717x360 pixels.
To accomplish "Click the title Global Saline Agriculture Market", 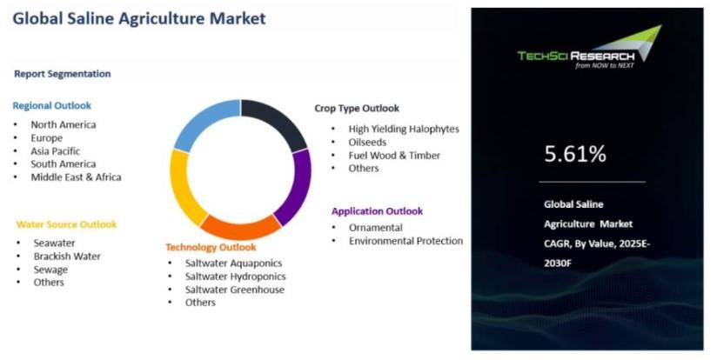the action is pos(139,18).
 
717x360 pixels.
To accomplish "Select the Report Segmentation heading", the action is pos(63,74).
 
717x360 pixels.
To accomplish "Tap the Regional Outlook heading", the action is pos(52,105).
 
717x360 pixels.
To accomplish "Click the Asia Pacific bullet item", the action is pos(56,150).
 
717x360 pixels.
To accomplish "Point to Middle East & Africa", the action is pos(76,177).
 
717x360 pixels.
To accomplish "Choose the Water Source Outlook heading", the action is pos(67,224).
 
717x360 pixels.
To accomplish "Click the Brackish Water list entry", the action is pos(67,257).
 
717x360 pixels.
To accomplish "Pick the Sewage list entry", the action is pos(50,270).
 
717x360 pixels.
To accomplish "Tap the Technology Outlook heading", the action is pos(211,247).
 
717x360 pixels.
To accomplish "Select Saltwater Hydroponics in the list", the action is pos(236,277).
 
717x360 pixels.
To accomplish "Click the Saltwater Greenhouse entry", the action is pos(235,290).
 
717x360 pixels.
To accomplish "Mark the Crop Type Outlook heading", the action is pos(357,109).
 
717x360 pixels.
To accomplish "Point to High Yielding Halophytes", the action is pos(404,129).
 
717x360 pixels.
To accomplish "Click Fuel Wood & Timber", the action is pos(394,156).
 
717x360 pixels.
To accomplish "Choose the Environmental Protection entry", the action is pos(406,241).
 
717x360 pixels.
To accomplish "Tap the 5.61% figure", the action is pos(575,154).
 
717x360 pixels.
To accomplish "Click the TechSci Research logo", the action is pos(590,47).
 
